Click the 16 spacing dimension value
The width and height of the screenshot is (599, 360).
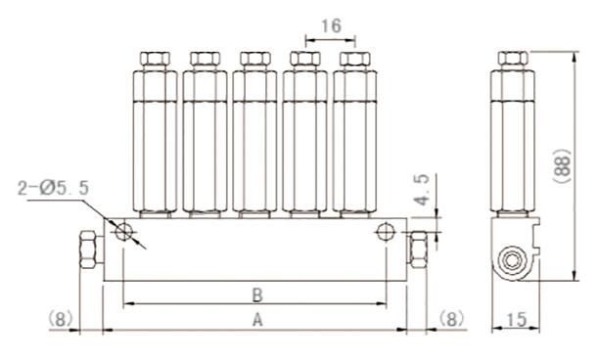pos(331,26)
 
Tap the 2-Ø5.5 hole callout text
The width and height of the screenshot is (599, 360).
pos(53,188)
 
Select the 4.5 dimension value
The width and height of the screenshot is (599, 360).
pos(423,190)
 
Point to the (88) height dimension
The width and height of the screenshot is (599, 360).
pos(563,166)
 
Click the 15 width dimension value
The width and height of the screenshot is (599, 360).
pos(517,320)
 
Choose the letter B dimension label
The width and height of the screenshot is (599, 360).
pos(257,295)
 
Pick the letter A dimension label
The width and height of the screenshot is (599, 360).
pos(257,320)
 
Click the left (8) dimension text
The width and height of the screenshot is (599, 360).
pos(61,318)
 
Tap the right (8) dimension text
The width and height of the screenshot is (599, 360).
pos(451,318)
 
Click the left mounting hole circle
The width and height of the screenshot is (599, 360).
pos(123,232)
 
